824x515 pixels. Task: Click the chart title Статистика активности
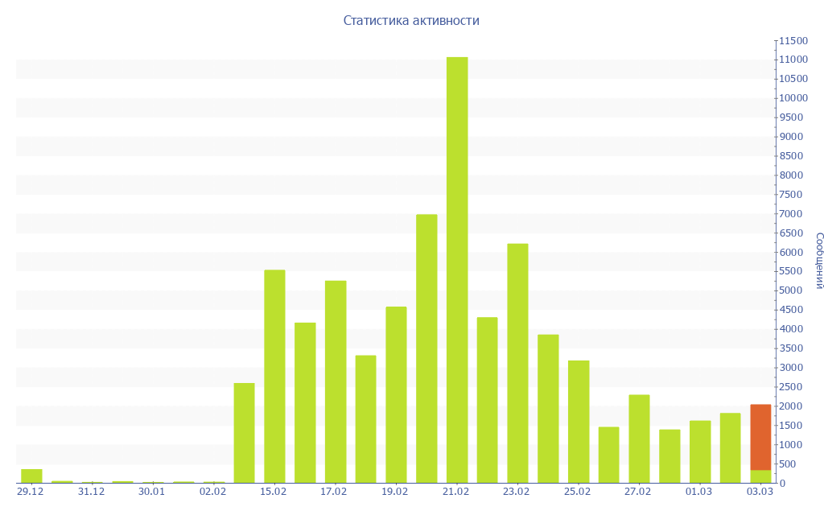tap(411, 20)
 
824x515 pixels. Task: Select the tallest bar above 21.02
tap(457, 270)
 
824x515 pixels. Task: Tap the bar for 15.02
tap(274, 376)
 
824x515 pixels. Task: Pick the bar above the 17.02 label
tap(336, 381)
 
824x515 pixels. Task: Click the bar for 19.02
tap(396, 394)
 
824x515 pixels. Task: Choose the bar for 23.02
tap(517, 363)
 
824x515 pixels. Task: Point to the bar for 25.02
tap(579, 422)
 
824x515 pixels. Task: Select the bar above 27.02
tap(639, 439)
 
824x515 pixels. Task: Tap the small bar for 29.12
tap(31, 476)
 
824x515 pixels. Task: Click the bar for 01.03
tap(700, 451)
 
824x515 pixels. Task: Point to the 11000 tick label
tap(793, 60)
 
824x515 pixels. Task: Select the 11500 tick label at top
tap(793, 40)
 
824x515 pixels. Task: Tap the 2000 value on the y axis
tap(790, 406)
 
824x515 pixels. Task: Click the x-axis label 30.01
tap(151, 492)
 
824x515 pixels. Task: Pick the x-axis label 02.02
tap(212, 492)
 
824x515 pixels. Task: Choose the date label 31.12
tap(91, 492)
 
